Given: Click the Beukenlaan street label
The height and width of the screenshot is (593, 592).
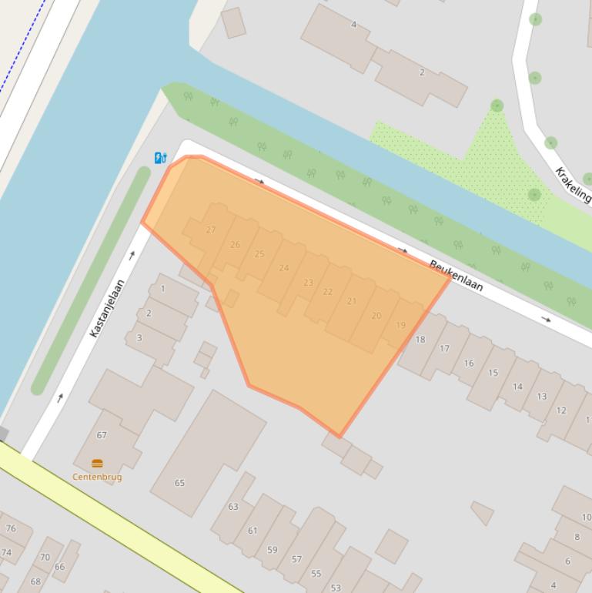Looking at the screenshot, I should tap(456, 276).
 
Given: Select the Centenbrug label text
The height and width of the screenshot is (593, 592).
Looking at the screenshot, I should tap(97, 477).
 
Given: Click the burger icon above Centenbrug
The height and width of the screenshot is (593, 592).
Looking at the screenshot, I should tap(97, 464).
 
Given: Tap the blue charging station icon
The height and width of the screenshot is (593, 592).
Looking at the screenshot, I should tap(160, 158).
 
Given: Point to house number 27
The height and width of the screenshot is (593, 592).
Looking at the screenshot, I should tap(211, 229).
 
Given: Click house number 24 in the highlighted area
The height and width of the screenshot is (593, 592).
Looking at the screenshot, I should tap(284, 268).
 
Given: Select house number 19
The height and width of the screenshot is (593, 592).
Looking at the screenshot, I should tap(400, 326).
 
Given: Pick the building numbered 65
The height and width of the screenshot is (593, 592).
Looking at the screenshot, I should tap(179, 483).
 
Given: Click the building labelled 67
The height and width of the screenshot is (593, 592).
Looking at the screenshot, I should tap(102, 435).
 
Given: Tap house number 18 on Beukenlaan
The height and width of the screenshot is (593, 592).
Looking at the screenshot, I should tap(420, 339).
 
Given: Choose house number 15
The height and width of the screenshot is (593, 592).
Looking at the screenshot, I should tap(493, 373).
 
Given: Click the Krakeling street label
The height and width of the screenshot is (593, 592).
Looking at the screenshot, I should tap(574, 184).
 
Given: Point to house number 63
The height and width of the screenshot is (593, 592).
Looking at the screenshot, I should tap(232, 507).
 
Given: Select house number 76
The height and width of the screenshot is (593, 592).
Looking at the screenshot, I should tap(11, 528).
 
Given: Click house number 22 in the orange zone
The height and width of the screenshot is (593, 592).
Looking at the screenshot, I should tap(327, 292).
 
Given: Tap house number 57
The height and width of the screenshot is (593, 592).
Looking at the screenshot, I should tap(296, 559).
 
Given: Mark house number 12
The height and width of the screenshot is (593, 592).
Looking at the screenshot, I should tap(561, 410).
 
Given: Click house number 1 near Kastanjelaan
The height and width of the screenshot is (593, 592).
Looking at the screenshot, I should tap(162, 290).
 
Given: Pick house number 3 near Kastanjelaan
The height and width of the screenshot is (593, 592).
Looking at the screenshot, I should tap(139, 337).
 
